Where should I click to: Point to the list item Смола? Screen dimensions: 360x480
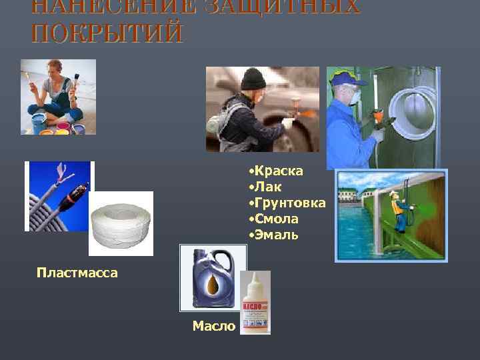tap(275, 219)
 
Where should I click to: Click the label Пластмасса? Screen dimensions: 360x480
tap(77, 272)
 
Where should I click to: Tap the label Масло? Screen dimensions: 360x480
tap(213, 326)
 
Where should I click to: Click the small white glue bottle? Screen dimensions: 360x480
tap(256, 303)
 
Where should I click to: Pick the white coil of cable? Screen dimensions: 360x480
tap(121, 225)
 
